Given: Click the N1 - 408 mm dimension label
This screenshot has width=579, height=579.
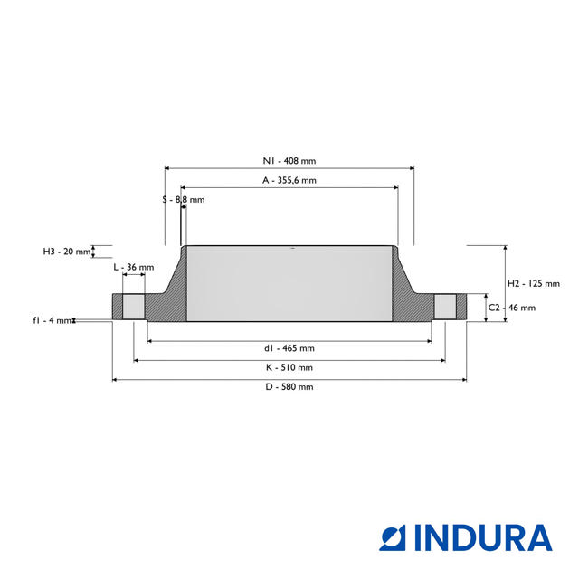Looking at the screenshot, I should (289, 161).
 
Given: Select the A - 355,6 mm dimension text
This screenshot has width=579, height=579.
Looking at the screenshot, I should (289, 181).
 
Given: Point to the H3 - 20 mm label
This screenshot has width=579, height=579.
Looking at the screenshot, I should (67, 252).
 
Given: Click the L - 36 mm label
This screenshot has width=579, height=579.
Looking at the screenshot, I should (133, 268).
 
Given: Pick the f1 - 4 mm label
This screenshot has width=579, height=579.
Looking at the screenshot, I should (52, 320).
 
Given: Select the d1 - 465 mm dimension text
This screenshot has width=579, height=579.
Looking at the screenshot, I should (289, 348).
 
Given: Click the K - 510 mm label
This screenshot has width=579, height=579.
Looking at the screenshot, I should (289, 367).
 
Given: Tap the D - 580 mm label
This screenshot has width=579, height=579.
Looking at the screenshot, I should (289, 387).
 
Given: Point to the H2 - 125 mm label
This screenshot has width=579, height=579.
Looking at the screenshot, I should (534, 283).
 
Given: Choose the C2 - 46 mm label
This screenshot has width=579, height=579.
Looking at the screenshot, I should (517, 308).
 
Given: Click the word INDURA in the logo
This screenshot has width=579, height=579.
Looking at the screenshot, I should (483, 537).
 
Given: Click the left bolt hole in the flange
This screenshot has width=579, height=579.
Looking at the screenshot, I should (133, 306).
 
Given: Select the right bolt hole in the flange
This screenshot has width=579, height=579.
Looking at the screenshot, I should (444, 306).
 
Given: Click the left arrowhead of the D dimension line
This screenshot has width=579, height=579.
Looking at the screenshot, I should (115, 380).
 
